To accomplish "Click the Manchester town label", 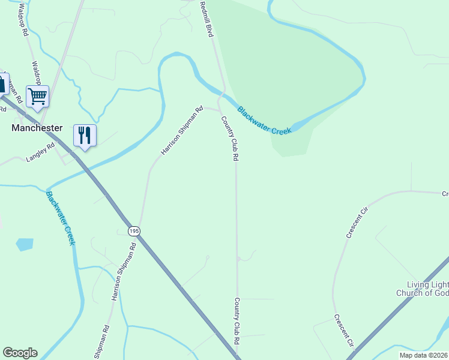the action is (37, 128).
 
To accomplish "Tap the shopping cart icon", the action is (37, 95).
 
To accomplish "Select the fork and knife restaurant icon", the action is (84, 135).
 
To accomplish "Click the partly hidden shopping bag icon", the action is (3, 83).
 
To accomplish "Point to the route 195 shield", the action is (133, 230).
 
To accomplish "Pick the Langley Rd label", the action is (40, 157).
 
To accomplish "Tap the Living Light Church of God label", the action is (423, 289).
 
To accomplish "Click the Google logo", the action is (20, 353).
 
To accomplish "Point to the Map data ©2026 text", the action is (424, 355).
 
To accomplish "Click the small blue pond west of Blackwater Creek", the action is (25, 244).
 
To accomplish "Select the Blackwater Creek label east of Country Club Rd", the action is (264, 120).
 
